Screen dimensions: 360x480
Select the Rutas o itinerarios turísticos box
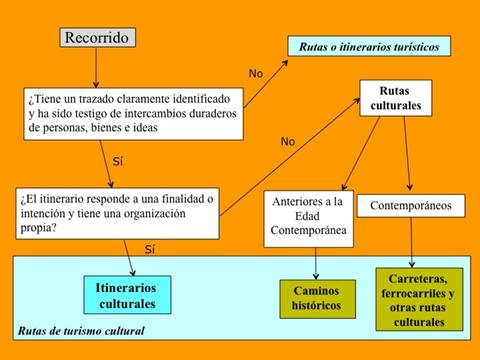pyautogui.click(x=369, y=46)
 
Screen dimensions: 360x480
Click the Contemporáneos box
pyautogui.click(x=411, y=206)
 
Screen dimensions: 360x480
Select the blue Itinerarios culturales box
pyautogui.click(x=126, y=295)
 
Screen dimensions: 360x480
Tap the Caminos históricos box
pyautogui.click(x=317, y=298)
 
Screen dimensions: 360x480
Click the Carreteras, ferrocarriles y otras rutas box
pyautogui.click(x=419, y=299)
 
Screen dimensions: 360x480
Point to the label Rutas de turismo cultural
pyautogui.click(x=81, y=331)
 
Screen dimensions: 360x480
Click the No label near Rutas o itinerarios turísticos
pyautogui.click(x=257, y=74)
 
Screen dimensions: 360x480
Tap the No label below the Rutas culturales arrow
pyautogui.click(x=288, y=141)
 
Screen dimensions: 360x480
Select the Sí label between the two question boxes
pyautogui.click(x=117, y=160)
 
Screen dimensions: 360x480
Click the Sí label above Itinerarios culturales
pyautogui.click(x=151, y=249)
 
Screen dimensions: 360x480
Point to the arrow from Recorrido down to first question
pyautogui.click(x=96, y=68)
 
